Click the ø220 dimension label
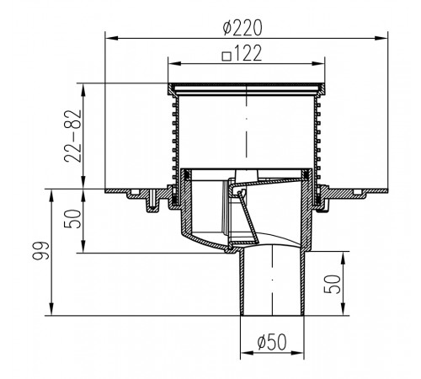pyautogui.click(x=242, y=28)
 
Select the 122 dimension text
pyautogui.click(x=248, y=53)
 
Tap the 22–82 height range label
pyautogui.click(x=73, y=136)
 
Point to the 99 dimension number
pyautogui.click(x=41, y=250)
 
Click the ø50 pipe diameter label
pyautogui.click(x=272, y=342)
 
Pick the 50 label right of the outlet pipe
pyautogui.click(x=332, y=284)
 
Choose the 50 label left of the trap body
pyautogui.click(x=73, y=219)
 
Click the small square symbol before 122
pyautogui.click(x=226, y=56)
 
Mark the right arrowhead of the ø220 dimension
pyautogui.click(x=382, y=38)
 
